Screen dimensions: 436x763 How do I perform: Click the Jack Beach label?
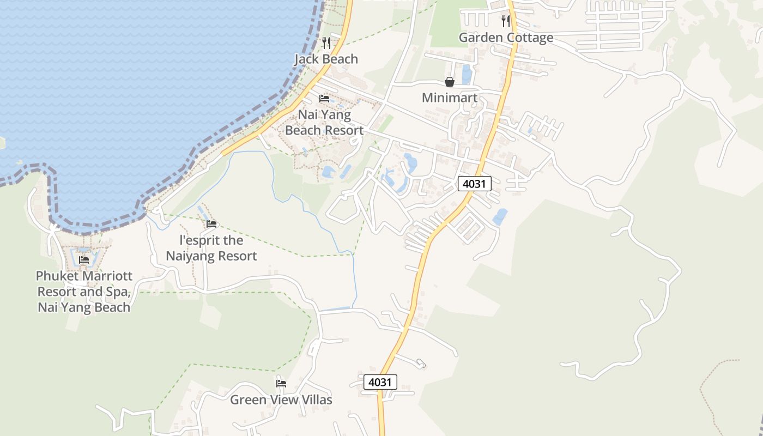coord(326,59)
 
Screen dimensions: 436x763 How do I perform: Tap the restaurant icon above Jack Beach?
coord(326,43)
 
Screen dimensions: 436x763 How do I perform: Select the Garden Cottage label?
coord(506,38)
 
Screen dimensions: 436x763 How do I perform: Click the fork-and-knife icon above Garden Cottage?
coord(506,21)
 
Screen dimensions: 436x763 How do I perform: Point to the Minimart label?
coord(450,98)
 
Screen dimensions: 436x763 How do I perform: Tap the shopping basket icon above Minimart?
coord(450,82)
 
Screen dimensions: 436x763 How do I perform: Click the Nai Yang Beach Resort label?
coord(324,123)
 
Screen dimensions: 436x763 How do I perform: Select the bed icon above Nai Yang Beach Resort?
coord(324,99)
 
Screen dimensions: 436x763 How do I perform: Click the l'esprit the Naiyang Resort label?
coord(211,248)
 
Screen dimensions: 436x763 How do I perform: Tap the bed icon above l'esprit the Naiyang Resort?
coord(211,224)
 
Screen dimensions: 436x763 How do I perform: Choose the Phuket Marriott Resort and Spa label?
coord(84,292)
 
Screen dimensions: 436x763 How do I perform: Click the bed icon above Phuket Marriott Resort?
coord(84,260)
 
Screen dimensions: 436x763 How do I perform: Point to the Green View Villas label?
coord(281,400)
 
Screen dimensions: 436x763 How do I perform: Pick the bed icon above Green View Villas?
coord(281,384)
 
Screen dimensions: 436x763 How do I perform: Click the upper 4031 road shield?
coord(474,184)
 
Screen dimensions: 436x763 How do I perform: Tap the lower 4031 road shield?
coord(380,382)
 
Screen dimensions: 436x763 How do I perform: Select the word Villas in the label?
coord(315,400)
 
